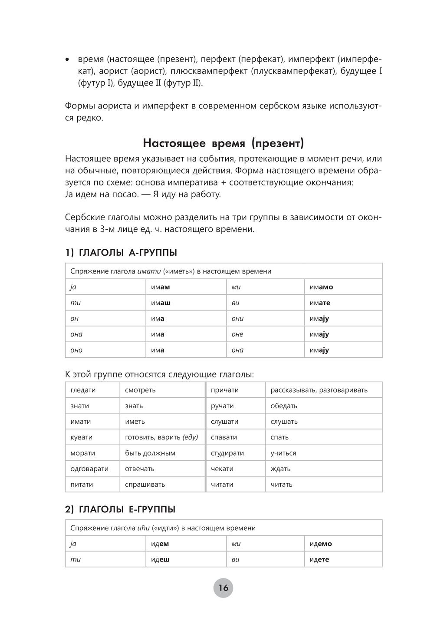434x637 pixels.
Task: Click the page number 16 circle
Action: coord(223,588)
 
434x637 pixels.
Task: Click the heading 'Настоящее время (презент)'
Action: coord(224,143)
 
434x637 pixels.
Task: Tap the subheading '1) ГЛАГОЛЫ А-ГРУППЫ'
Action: coord(121,253)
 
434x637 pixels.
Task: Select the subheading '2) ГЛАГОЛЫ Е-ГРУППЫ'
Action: coord(120,509)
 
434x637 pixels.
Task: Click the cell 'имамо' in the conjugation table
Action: coord(321,287)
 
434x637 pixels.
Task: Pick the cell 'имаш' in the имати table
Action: coord(161,303)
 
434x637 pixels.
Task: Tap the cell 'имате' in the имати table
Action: coord(320,303)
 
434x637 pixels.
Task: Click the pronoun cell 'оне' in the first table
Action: coord(237,334)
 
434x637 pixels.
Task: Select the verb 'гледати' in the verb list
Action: coord(83,390)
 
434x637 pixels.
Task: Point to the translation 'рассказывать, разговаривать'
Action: coord(319,390)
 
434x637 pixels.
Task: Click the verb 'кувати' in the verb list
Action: coord(81,437)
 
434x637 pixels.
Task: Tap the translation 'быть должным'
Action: coord(150,453)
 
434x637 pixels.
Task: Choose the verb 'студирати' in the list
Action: coord(227,453)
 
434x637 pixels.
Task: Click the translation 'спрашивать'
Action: coord(145,484)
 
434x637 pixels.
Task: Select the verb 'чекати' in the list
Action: coord(222,469)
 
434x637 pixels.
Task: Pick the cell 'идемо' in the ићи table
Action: coord(321,544)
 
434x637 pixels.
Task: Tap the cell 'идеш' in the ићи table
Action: coord(160,559)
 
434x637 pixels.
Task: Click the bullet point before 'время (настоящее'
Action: coord(67,59)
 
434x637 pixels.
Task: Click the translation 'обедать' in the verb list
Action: coord(284,406)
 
